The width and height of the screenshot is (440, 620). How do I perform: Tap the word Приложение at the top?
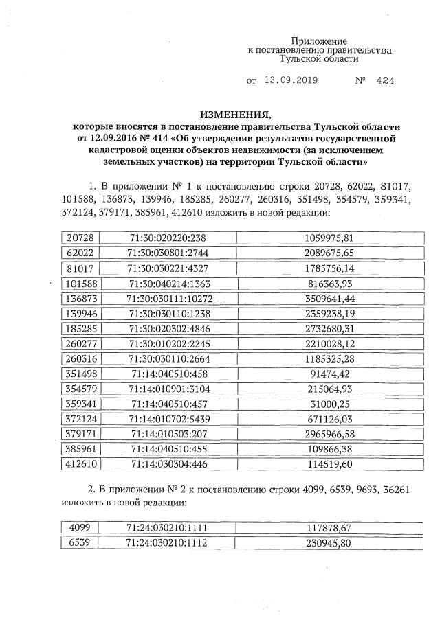tap(319, 41)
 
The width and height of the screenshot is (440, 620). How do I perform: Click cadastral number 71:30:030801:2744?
tap(168, 253)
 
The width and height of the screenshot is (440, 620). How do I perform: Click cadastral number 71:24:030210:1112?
tap(168, 542)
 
